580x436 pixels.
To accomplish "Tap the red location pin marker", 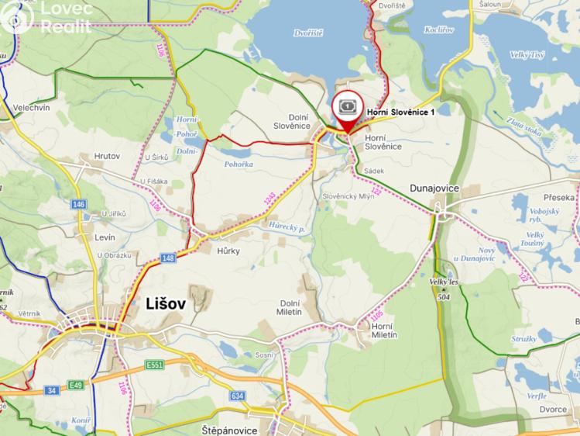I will [348, 111].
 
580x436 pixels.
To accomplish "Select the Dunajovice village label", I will [434, 189].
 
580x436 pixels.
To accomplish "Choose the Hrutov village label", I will [107, 156].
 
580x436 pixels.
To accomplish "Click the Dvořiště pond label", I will [308, 33].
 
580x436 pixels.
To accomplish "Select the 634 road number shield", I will [237, 396].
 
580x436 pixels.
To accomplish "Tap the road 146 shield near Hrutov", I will [79, 204].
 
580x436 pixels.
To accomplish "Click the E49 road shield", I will [75, 386].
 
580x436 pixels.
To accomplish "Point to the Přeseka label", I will [559, 198].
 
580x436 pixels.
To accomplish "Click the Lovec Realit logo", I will [46, 17].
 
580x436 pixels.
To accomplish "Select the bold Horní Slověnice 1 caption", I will [401, 112].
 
